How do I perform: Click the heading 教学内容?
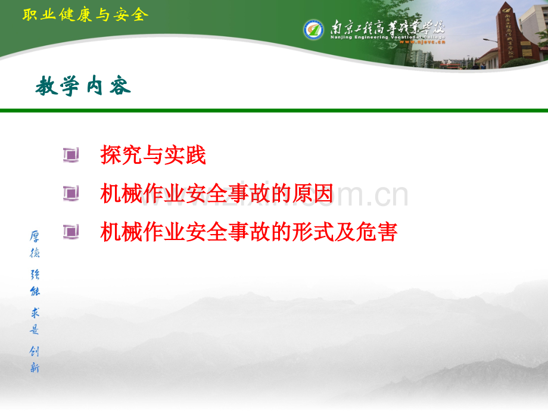click(83, 87)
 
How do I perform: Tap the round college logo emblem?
click(313, 29)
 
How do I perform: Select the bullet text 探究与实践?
click(153, 155)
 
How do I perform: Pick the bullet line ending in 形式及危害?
click(248, 232)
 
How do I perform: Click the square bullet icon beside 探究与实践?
click(71, 155)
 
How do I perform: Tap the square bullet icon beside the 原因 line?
click(71, 194)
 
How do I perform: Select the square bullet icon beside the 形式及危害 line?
click(71, 232)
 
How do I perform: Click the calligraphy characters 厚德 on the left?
click(35, 244)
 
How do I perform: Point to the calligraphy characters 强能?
click(35, 283)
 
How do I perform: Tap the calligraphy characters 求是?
click(35, 322)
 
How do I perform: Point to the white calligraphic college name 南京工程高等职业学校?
click(387, 27)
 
